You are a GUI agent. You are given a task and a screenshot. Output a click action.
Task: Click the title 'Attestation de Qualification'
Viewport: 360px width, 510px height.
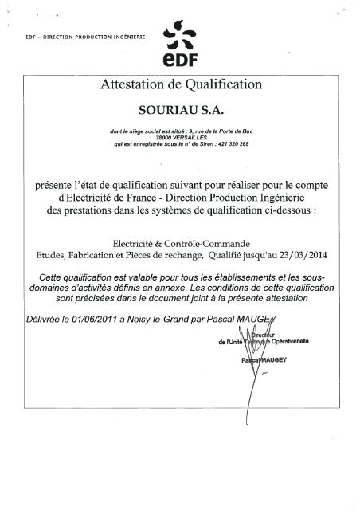pyautogui.click(x=180, y=84)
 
